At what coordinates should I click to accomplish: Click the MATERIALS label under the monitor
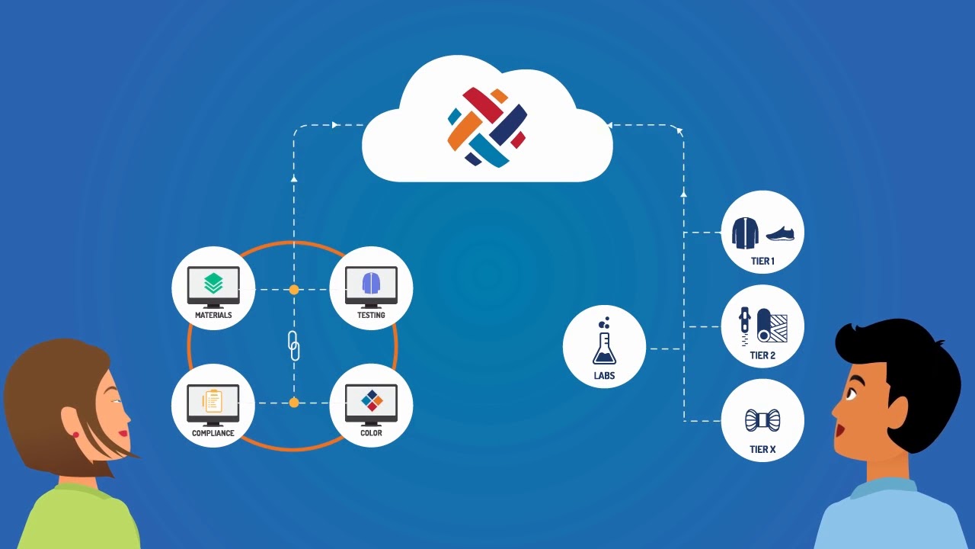tap(213, 315)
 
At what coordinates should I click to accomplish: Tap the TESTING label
tap(371, 315)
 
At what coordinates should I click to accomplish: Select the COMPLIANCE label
tap(213, 433)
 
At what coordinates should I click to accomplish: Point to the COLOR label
tap(371, 433)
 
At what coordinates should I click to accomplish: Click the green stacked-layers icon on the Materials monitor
tap(213, 284)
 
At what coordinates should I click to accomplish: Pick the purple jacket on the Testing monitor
tap(371, 283)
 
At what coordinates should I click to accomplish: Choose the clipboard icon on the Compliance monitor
tap(213, 401)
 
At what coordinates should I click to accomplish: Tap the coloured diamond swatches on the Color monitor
tap(372, 400)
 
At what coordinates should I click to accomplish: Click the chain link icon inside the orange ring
tap(294, 345)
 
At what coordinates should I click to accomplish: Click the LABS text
tap(604, 376)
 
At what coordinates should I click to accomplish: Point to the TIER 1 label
tap(762, 262)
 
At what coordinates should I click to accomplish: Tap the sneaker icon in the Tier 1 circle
tap(780, 233)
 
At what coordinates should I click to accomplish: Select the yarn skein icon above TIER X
tap(762, 419)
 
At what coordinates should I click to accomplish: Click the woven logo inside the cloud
tap(487, 127)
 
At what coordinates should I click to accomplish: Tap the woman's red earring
tap(75, 435)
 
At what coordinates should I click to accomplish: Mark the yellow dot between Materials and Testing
tap(294, 290)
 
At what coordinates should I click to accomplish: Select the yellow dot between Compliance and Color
tap(294, 403)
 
